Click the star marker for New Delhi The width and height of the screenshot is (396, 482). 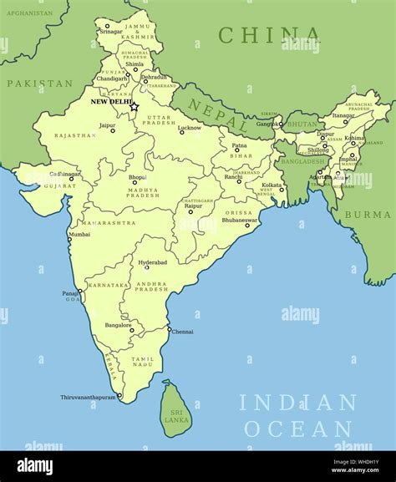click(x=134, y=106)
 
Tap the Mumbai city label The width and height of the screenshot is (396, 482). click(x=79, y=235)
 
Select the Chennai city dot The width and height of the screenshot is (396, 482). click(x=169, y=329)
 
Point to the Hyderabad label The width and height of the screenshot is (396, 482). click(x=153, y=262)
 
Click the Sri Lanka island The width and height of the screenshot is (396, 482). click(x=175, y=410)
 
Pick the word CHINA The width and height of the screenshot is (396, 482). click(x=269, y=35)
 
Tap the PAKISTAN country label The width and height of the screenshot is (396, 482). click(x=39, y=84)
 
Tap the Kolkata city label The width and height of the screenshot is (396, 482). click(x=272, y=184)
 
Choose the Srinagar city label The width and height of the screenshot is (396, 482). click(x=111, y=31)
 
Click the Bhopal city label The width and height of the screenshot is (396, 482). click(x=138, y=177)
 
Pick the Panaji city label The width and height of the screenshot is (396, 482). click(x=70, y=293)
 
